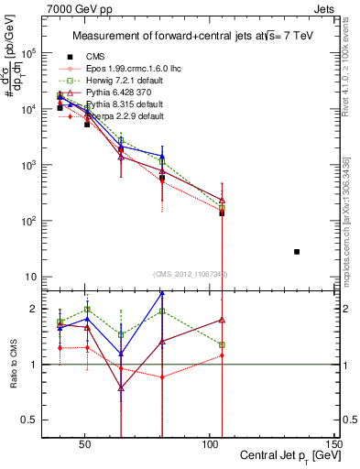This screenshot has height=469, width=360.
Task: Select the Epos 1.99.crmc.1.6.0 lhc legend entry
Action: pyautogui.click(x=125, y=69)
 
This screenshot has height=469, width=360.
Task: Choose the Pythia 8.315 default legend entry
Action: pyautogui.click(x=119, y=104)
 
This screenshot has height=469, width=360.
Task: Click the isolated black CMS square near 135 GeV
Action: pyautogui.click(x=297, y=251)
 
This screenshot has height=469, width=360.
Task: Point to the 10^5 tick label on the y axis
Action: pyautogui.click(x=28, y=53)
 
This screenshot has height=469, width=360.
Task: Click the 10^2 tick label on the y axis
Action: pyautogui.click(x=28, y=221)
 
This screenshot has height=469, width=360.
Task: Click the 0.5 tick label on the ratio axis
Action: pyautogui.click(x=27, y=420)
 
